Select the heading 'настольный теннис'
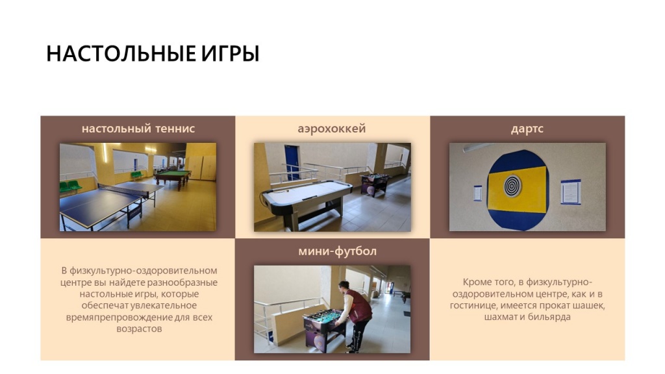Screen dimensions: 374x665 pyautogui.click(x=138, y=129)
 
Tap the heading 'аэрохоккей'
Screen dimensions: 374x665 pyautogui.click(x=332, y=129)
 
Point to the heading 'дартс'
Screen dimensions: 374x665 pyautogui.click(x=527, y=129)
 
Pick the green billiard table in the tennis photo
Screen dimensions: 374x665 pyautogui.click(x=172, y=176)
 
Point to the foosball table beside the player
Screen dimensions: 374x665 pyautogui.click(x=325, y=325)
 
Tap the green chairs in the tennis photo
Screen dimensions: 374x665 pyautogui.click(x=71, y=186)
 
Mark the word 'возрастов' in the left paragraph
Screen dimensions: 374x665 pyautogui.click(x=138, y=329)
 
